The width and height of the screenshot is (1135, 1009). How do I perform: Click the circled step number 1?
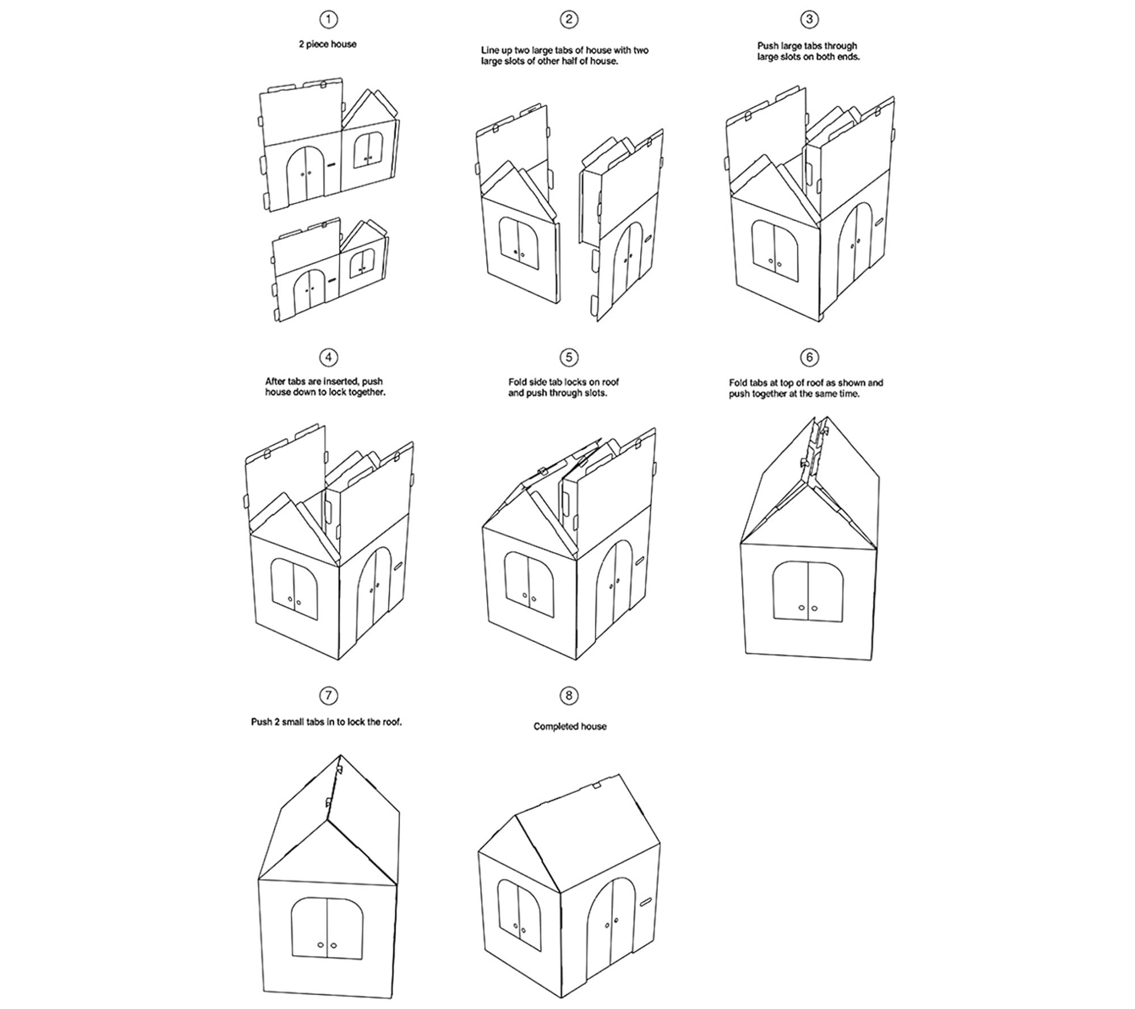point(329,20)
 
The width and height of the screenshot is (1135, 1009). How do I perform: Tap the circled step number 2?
point(569,20)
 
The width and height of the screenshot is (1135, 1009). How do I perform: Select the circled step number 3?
point(809,20)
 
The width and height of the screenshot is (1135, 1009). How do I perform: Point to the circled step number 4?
point(329,357)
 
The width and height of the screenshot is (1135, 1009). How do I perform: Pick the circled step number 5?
point(569,357)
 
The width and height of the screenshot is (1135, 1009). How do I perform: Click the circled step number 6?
point(809,357)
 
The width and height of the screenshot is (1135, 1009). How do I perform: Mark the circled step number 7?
point(329,695)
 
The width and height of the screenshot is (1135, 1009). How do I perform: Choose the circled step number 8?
point(569,695)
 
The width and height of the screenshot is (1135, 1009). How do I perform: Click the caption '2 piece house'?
point(328,44)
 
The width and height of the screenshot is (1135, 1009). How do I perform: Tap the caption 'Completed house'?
point(570,726)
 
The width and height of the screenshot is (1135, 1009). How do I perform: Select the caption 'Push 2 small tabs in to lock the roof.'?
point(326,722)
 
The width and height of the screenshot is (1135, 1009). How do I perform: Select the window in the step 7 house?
point(327,928)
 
